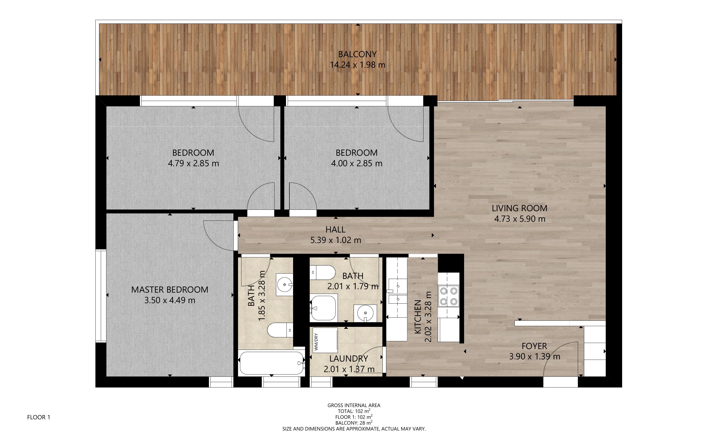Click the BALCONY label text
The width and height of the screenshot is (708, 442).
pos(357,54)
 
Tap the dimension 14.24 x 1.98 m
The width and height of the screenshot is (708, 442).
pos(357,65)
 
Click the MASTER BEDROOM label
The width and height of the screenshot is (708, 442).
pos(170,290)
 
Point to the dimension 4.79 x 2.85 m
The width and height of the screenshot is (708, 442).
pos(193,163)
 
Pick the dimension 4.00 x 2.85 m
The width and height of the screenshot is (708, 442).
pos(356,163)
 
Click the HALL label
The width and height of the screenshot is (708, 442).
pos(335,230)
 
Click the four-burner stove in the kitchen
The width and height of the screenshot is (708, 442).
pos(448,296)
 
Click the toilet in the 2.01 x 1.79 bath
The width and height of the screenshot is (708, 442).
pos(322,272)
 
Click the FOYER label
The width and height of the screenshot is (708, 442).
pos(534,346)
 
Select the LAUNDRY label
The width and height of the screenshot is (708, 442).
pos(349,359)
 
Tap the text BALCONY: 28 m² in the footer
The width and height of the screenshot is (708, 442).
pos(354,423)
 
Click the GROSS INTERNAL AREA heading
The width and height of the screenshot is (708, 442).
pos(354,406)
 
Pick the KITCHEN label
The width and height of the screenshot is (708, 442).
pos(418,317)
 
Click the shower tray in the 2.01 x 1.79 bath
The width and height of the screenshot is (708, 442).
pos(323,307)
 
